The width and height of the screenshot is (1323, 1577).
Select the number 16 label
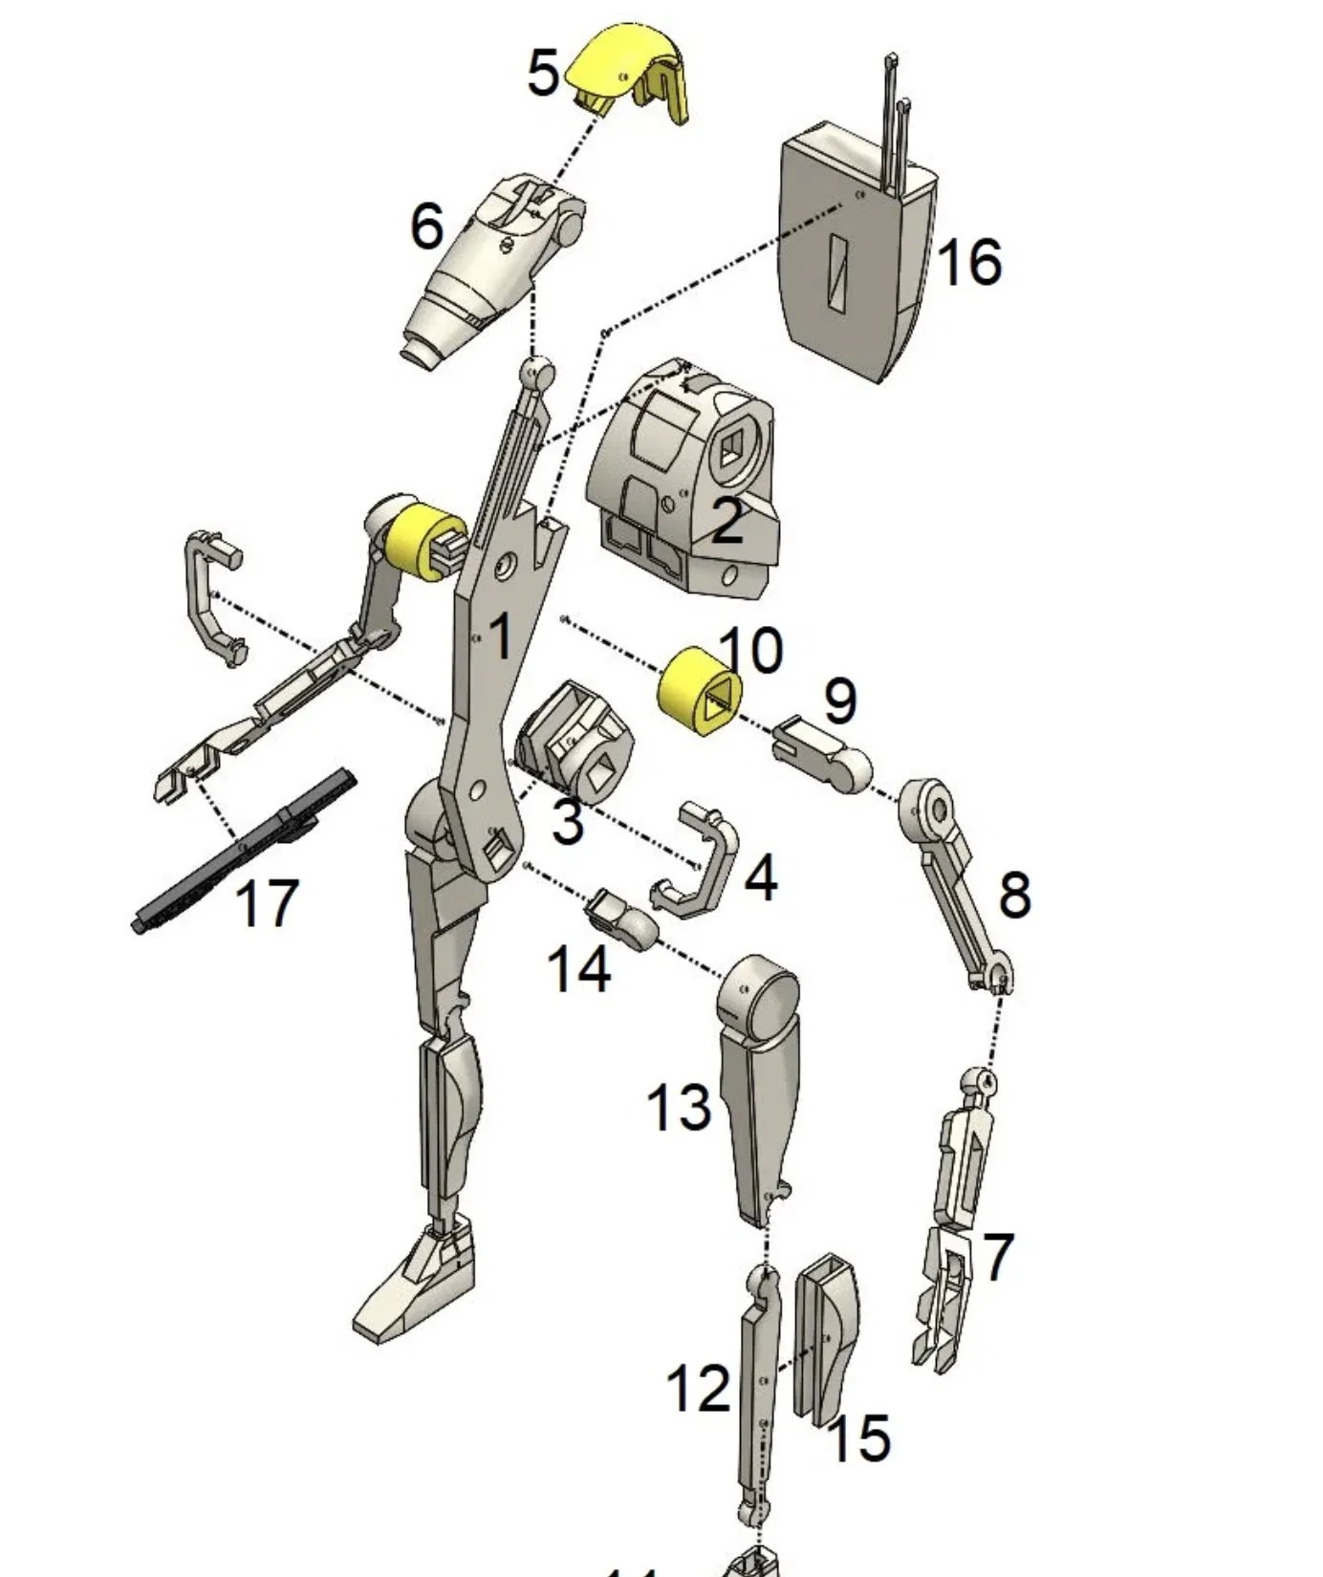click(x=969, y=262)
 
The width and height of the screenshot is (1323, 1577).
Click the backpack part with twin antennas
click(x=856, y=258)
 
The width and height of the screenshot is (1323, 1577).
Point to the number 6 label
click(x=427, y=227)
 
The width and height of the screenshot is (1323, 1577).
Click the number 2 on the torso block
click(x=727, y=522)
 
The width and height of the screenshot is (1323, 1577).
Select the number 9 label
click(x=839, y=701)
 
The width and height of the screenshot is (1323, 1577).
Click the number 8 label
click(x=1014, y=896)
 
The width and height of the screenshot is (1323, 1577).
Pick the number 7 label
click(x=997, y=1256)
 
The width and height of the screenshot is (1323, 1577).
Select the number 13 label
click(x=680, y=1108)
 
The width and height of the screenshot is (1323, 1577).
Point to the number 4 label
click(x=760, y=878)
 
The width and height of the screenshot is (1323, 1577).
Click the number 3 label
click(x=568, y=821)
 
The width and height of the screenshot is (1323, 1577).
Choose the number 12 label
click(x=698, y=1388)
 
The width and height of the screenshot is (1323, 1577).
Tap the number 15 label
click(x=858, y=1437)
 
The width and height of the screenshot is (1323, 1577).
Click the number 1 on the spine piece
click(x=500, y=636)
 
